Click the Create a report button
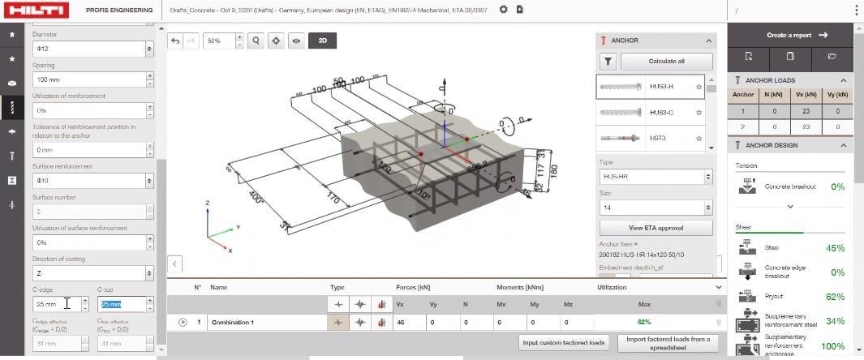(796, 36)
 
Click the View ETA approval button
(656, 228)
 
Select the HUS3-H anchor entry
(650, 87)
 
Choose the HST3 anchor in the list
(650, 139)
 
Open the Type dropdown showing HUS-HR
(656, 177)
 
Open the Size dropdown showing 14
(656, 208)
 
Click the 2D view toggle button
(322, 40)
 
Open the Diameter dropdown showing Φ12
(92, 49)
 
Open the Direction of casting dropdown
(92, 273)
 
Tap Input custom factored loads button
(565, 343)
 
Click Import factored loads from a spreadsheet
(668, 343)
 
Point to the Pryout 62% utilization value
(835, 297)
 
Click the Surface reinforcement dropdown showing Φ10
(92, 181)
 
